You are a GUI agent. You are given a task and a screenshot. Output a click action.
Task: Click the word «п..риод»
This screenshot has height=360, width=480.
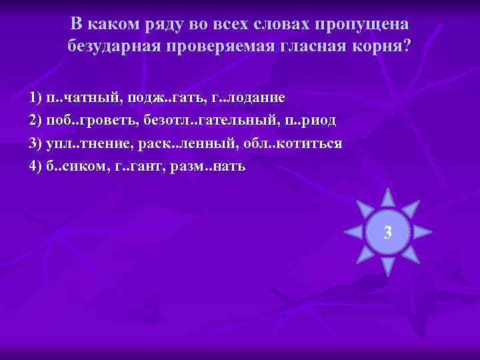click(x=306, y=121)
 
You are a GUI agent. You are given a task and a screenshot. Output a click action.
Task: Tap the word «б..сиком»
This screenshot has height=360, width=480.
click(x=71, y=166)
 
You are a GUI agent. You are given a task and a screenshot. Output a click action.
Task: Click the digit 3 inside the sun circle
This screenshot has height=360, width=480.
click(x=387, y=233)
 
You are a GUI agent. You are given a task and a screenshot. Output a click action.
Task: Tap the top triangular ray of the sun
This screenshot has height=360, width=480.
click(x=387, y=198)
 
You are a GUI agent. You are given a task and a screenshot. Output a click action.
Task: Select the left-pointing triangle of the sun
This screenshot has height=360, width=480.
click(x=353, y=232)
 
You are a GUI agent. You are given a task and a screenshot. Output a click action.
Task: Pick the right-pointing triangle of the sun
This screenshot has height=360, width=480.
click(x=422, y=232)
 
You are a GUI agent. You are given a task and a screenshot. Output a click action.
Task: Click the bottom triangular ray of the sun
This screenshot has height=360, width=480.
click(x=387, y=267)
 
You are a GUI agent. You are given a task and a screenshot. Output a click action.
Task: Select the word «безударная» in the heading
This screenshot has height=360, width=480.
click(x=115, y=47)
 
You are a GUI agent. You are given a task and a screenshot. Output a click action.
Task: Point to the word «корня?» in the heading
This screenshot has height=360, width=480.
click(x=381, y=47)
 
